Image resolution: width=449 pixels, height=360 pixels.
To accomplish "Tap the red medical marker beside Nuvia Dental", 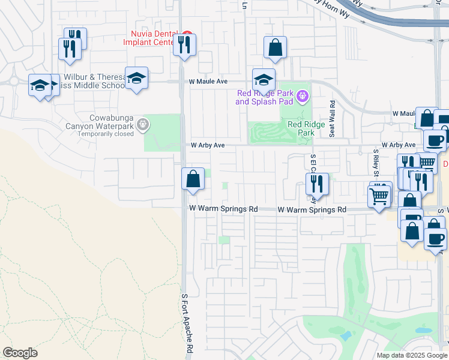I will (x=187, y=34).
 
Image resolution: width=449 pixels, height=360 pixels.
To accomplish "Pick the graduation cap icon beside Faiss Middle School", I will (x=137, y=78).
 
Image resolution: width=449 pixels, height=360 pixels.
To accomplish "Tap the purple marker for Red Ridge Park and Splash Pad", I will (x=303, y=94).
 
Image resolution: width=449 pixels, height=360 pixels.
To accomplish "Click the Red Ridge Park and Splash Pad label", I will (x=265, y=97).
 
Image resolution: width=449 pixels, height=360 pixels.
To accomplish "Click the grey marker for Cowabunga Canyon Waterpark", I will (x=143, y=125).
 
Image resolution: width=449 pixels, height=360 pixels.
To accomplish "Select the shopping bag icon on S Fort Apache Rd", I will (x=193, y=179).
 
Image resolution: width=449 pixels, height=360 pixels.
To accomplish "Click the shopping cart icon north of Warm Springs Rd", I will (x=379, y=195).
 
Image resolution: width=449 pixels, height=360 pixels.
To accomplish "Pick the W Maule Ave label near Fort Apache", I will (x=208, y=81).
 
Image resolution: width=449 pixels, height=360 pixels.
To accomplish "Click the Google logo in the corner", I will (x=20, y=353).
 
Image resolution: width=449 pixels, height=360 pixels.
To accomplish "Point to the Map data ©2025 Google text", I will (x=412, y=355).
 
